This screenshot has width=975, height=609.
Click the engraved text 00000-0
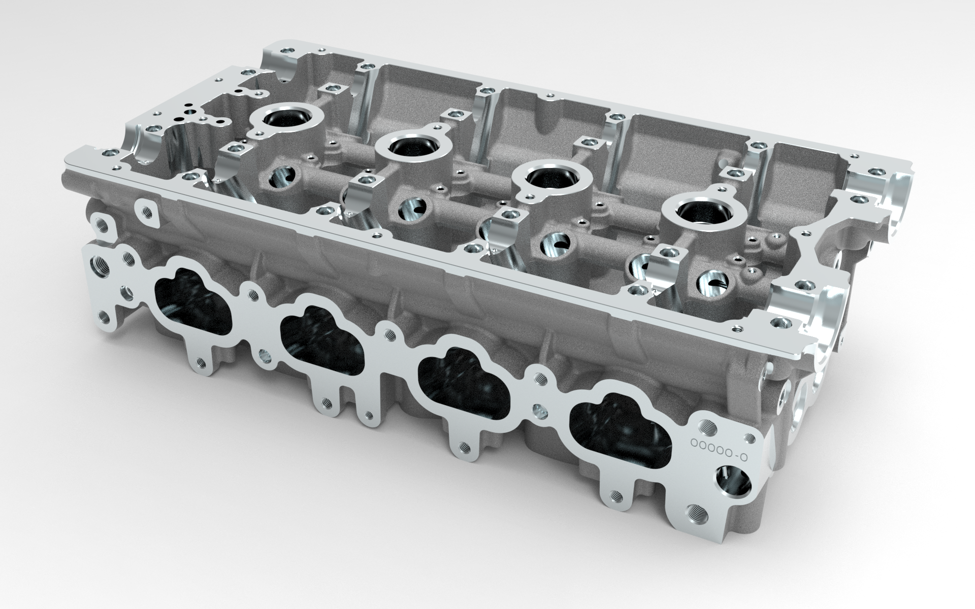pyautogui.click(x=719, y=442)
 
